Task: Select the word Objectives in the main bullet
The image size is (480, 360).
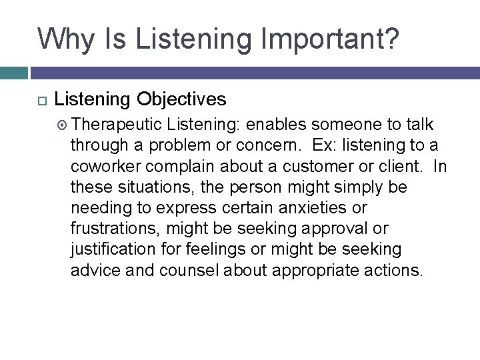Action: click(x=181, y=100)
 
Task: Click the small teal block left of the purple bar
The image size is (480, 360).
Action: click(x=13, y=73)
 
